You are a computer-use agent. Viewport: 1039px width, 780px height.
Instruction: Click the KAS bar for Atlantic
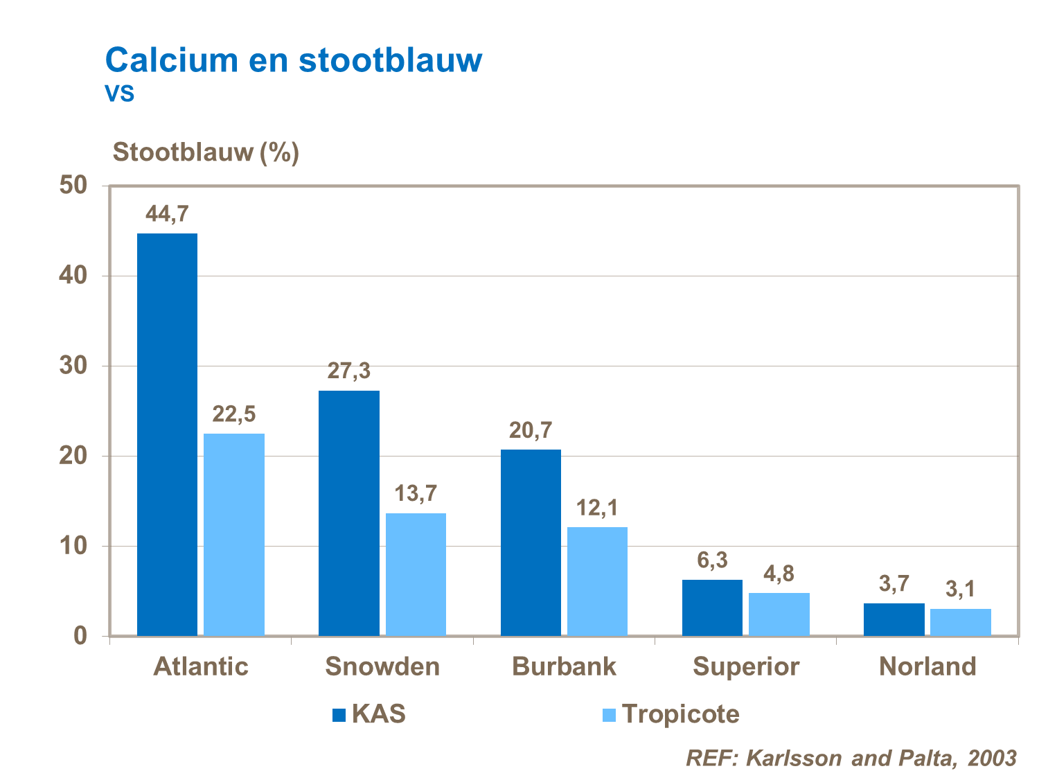[x=167, y=434]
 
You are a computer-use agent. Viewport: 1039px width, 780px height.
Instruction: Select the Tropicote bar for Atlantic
[x=234, y=534]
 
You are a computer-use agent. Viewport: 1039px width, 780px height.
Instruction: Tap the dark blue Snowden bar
[x=349, y=513]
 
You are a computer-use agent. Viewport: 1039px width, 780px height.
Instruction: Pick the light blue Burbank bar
[x=597, y=581]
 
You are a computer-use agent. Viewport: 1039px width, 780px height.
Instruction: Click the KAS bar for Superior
[x=712, y=608]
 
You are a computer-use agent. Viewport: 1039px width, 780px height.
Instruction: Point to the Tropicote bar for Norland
[x=960, y=622]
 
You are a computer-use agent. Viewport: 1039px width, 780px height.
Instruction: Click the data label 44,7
[x=167, y=214]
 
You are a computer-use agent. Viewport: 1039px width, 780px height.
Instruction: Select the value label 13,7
[x=416, y=494]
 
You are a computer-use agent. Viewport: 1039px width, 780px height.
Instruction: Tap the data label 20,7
[x=531, y=431]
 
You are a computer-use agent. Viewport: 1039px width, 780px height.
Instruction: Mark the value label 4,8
[x=779, y=574]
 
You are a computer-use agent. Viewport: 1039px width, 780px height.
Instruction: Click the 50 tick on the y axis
[x=73, y=186]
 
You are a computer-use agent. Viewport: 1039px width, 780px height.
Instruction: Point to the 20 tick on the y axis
[x=73, y=456]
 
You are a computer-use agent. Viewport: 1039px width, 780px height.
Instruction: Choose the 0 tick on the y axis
[x=80, y=636]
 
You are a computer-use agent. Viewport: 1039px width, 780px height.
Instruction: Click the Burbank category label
[x=564, y=666]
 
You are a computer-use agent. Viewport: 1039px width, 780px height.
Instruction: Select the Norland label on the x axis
[x=927, y=666]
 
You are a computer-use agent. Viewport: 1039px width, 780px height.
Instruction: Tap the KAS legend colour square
[x=339, y=715]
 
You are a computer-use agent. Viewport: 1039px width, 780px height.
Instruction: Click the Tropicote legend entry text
[x=680, y=714]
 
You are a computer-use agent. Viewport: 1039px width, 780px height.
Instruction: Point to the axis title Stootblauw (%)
[x=206, y=152]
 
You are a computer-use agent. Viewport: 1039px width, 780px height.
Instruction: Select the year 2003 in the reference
[x=992, y=758]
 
